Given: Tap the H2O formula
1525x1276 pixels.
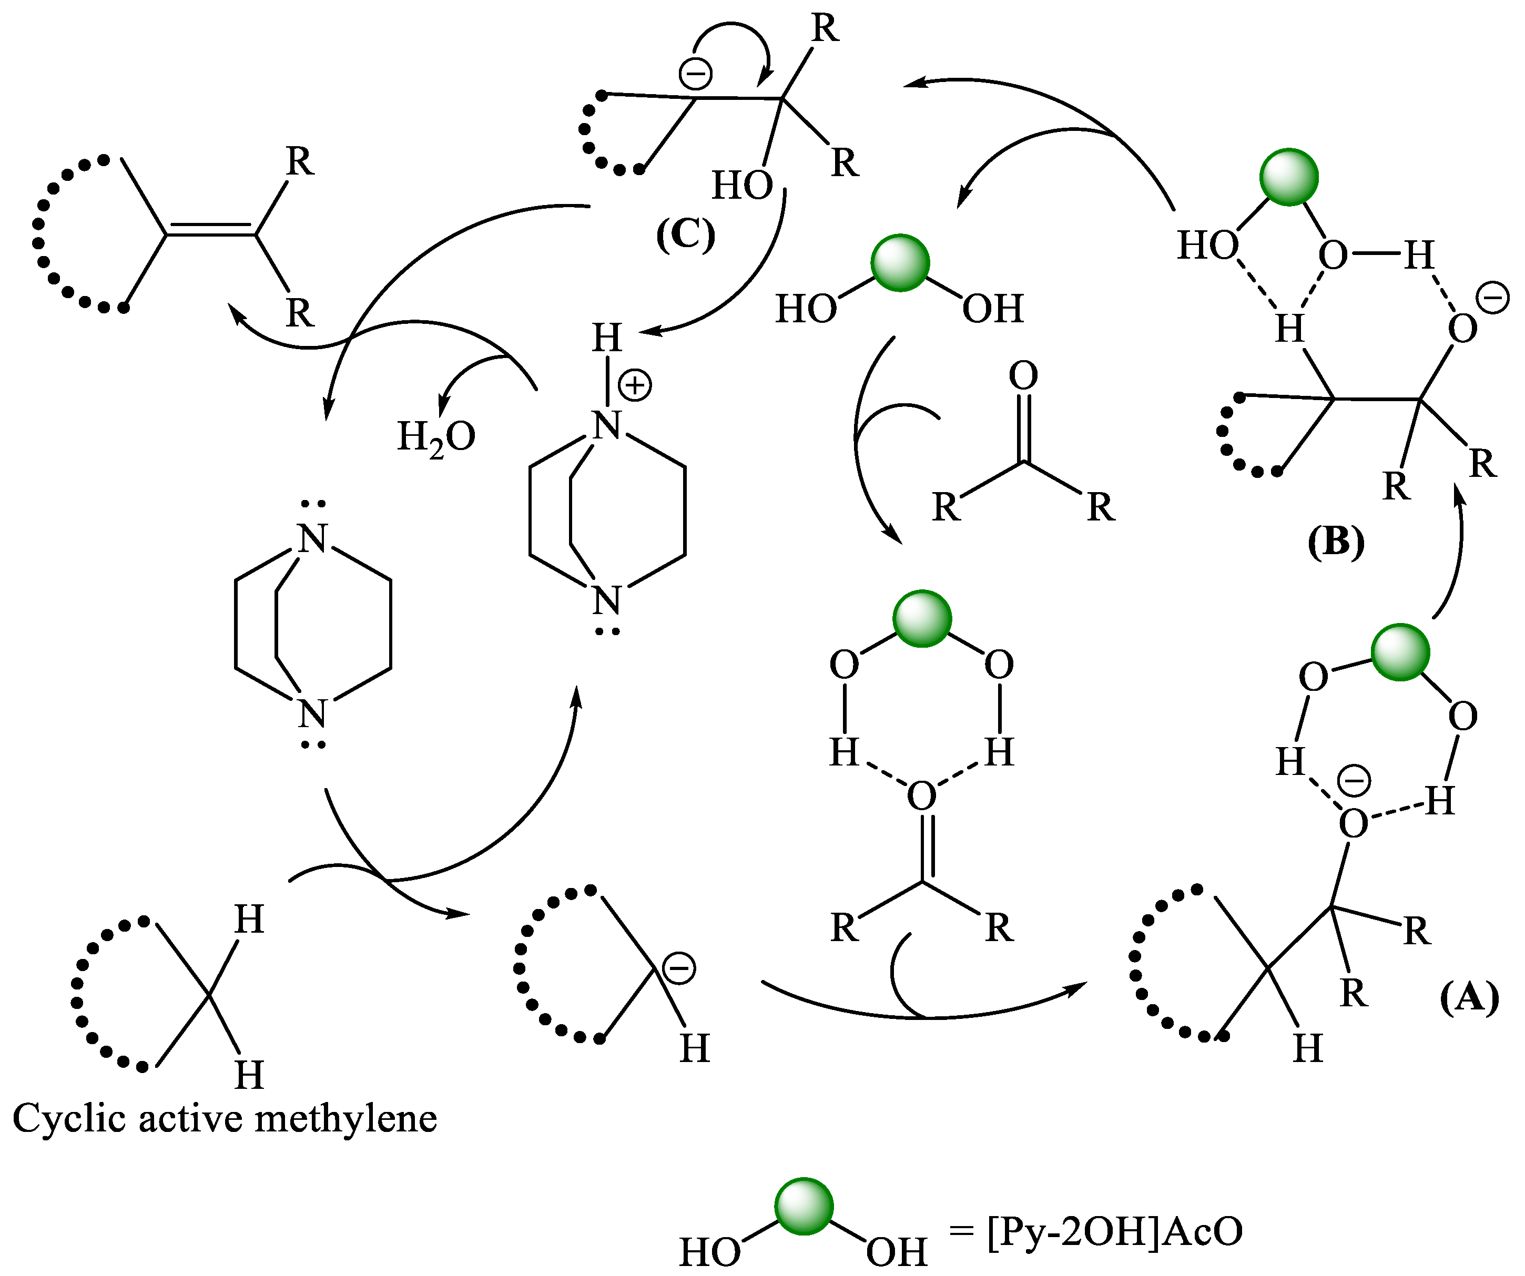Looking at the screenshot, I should [436, 438].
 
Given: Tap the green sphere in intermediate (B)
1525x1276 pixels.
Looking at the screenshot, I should [1289, 177].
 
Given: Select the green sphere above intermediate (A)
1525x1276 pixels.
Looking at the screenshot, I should [1400, 652].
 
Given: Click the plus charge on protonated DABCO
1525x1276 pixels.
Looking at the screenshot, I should [635, 385].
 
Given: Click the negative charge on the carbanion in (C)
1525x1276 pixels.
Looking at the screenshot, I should [695, 74].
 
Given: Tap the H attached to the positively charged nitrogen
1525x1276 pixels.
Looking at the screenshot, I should [607, 338].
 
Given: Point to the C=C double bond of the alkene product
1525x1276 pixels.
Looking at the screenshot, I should [210, 229].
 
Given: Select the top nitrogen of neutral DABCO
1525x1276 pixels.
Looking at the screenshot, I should [313, 539].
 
